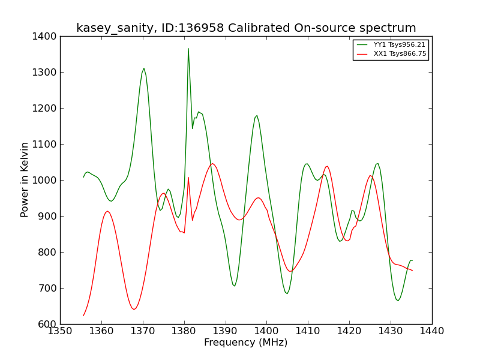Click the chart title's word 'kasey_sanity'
tap(115, 28)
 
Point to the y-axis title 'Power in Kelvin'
tap(24, 179)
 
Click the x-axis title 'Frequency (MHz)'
tap(246, 342)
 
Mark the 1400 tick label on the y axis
tap(44, 37)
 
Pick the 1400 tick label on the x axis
tap(266, 331)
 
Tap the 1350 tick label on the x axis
tap(61, 331)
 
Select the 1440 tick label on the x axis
tap(432, 331)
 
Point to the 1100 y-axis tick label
tap(44, 144)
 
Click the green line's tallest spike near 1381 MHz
tap(188, 49)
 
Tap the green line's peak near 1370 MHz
tap(144, 68)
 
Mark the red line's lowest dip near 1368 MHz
tap(134, 309)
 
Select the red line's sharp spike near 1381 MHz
tap(188, 177)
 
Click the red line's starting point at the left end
tap(83, 316)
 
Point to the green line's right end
tap(412, 260)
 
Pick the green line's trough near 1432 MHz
tap(398, 301)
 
